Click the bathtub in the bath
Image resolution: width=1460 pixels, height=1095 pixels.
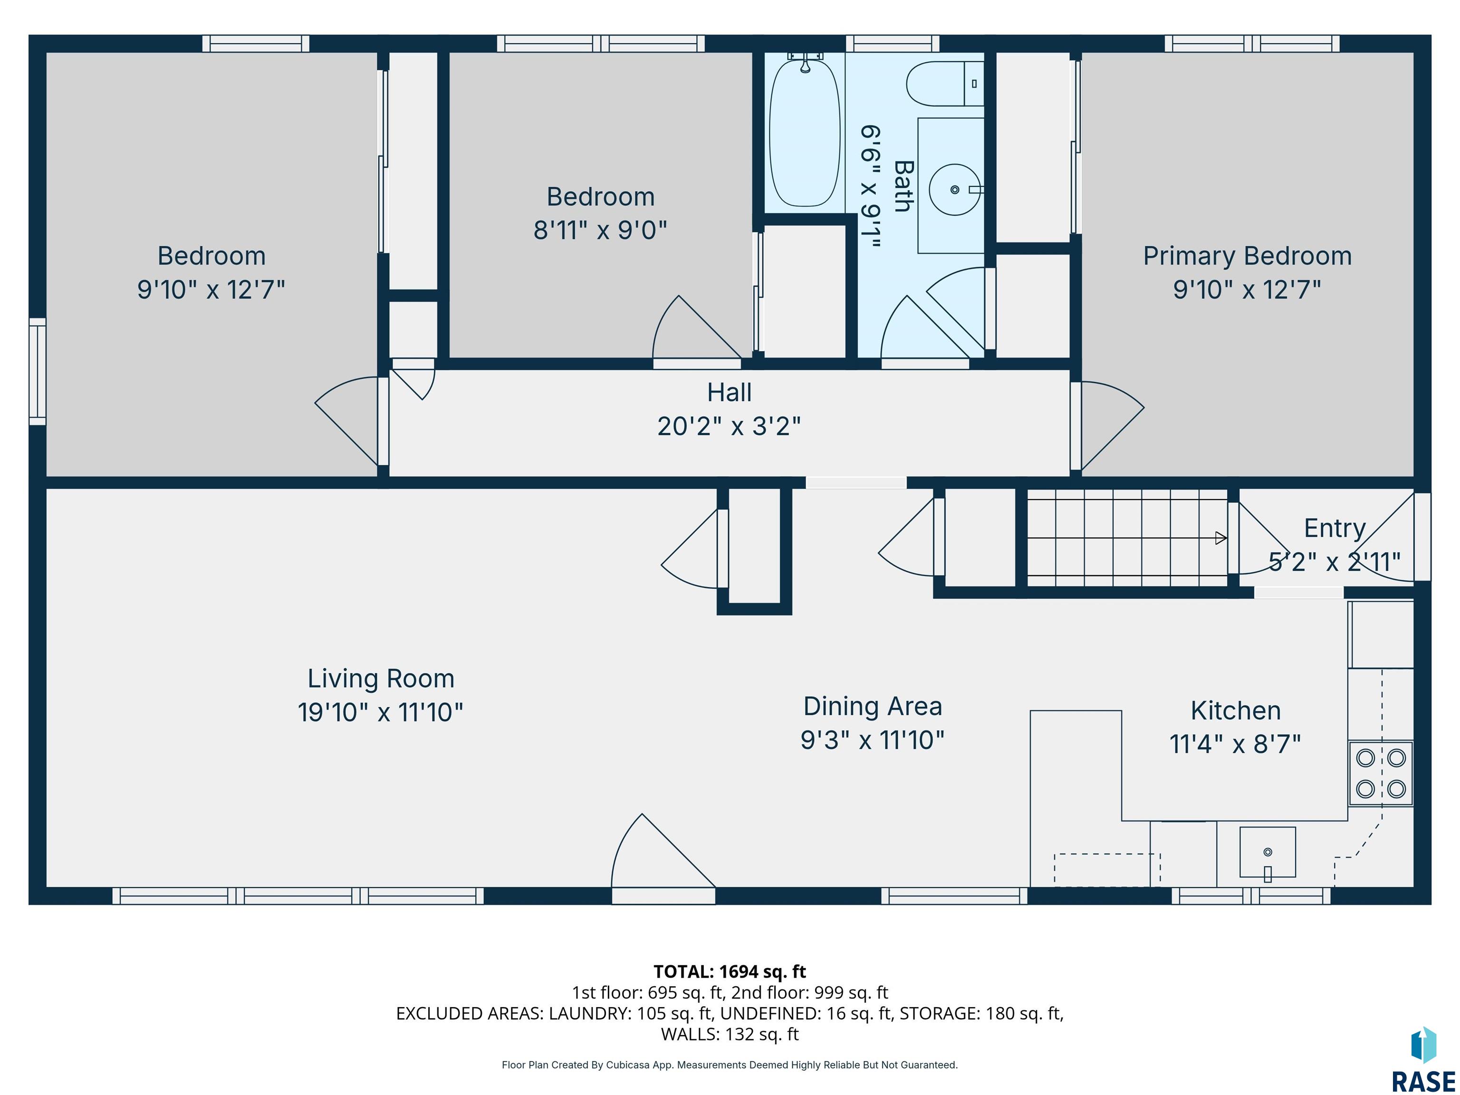(x=805, y=132)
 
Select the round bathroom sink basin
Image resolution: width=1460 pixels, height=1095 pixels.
(x=954, y=190)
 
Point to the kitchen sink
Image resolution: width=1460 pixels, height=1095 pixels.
(x=1267, y=853)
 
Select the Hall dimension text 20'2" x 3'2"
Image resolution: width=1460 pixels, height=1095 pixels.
(x=730, y=426)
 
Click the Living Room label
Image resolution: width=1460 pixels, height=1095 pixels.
(x=381, y=679)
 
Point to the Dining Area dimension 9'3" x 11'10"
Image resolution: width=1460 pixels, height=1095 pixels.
(x=873, y=740)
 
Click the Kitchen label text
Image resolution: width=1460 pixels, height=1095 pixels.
(x=1236, y=711)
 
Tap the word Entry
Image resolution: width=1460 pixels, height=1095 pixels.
(x=1335, y=528)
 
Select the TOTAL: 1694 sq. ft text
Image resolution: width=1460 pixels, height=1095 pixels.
(x=730, y=971)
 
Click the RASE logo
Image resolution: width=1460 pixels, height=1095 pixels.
(x=1423, y=1059)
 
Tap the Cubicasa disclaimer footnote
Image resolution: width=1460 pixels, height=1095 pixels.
(x=730, y=1065)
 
